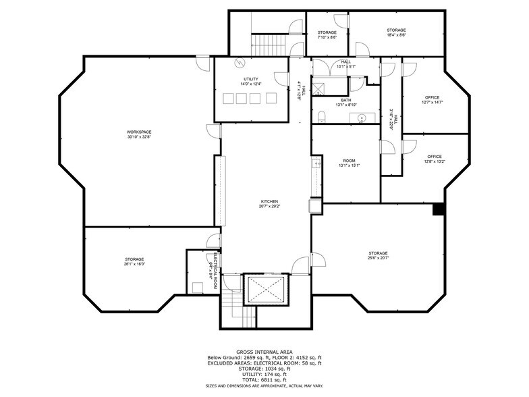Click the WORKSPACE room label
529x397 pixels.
[138, 134]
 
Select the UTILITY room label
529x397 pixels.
[251, 82]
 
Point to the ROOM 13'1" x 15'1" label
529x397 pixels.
[349, 163]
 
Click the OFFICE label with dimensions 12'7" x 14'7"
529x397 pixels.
[433, 101]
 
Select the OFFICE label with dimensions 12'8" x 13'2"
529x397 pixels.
[434, 159]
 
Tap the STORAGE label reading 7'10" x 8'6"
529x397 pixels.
[327, 34]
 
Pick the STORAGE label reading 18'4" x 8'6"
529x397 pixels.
[396, 32]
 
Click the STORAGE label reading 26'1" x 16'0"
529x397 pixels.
[134, 262]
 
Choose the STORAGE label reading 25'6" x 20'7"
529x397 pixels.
[378, 256]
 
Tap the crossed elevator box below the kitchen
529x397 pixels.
[267, 290]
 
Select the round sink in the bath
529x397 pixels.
[362, 119]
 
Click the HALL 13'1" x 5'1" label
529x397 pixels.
[345, 64]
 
